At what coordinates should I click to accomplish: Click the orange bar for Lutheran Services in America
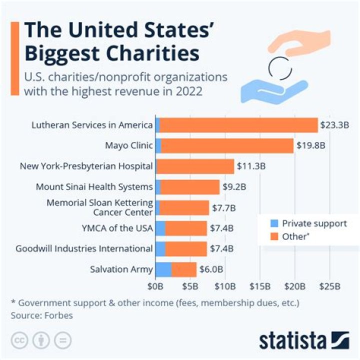(x=238, y=125)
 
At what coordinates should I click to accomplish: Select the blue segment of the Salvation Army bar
(x=163, y=269)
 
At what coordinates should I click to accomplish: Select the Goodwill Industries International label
(x=84, y=248)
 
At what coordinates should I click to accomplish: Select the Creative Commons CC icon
(x=18, y=340)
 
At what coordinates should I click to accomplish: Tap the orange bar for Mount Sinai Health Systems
(x=190, y=187)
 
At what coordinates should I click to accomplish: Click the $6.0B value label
(x=210, y=269)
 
